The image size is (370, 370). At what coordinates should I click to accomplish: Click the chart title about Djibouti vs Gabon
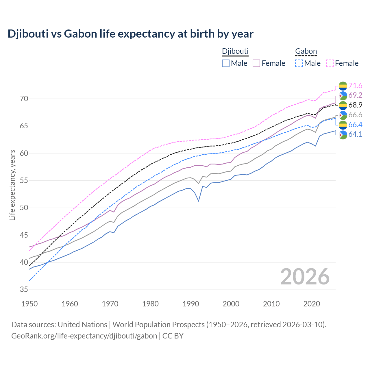[130, 34]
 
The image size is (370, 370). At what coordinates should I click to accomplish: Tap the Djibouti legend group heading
[235, 51]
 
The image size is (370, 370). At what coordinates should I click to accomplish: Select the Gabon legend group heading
[306, 51]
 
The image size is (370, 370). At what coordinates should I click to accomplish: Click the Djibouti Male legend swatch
[226, 63]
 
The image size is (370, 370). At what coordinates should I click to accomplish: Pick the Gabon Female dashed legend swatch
[330, 63]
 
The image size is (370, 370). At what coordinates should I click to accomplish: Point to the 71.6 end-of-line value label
[355, 86]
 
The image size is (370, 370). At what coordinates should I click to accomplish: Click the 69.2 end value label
[355, 95]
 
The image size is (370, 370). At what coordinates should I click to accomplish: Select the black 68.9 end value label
[355, 105]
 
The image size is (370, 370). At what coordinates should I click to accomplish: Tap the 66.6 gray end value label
[355, 115]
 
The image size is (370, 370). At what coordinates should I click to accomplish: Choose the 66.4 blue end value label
[355, 125]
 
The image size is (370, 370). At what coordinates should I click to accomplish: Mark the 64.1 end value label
[355, 134]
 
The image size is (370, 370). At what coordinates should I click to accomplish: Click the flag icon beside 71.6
[343, 86]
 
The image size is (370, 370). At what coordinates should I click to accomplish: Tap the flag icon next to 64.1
[343, 135]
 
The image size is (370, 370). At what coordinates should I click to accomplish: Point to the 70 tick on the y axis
[24, 99]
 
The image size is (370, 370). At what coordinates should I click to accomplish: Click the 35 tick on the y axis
[24, 290]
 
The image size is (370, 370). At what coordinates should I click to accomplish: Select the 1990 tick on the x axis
[191, 304]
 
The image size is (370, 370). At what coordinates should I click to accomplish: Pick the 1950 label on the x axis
[29, 304]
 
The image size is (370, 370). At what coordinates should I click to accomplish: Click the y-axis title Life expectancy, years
[12, 185]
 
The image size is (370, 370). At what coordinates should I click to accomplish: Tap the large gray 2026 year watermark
[305, 277]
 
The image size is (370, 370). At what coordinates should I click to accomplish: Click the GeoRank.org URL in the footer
[84, 336]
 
